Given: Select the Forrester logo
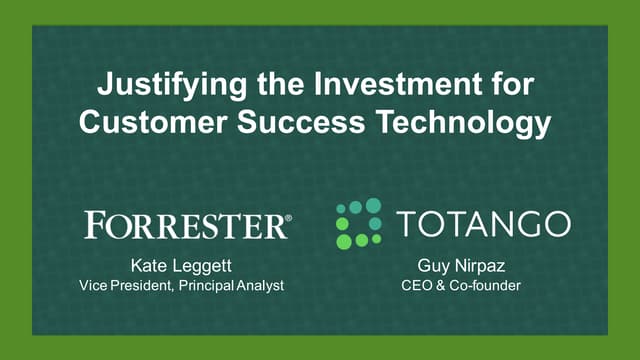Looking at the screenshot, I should (186, 224).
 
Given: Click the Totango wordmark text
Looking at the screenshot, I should (481, 223).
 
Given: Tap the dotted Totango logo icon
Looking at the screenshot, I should (358, 223).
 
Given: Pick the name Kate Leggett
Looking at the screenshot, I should (181, 267).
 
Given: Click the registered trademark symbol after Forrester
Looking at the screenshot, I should (288, 215).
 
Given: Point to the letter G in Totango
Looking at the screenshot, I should (525, 223).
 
